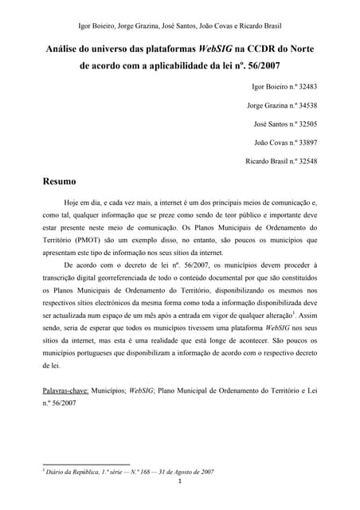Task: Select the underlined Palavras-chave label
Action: (66, 393)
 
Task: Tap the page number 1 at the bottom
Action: (181, 481)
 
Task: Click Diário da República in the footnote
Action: (76, 472)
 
